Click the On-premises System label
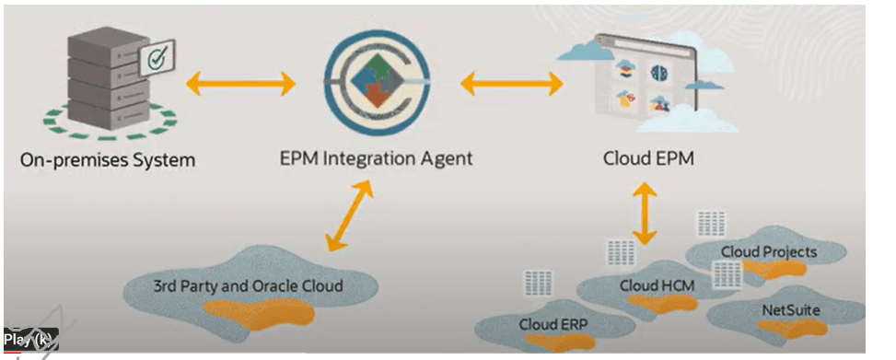[x=108, y=159]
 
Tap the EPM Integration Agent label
[x=377, y=158]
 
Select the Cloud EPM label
[x=648, y=158]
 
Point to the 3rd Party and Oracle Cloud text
[x=249, y=285]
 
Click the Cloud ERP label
[x=553, y=325]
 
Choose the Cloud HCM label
[x=657, y=285]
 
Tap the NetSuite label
[x=791, y=310]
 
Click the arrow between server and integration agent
[x=240, y=85]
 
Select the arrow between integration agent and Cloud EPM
[x=512, y=85]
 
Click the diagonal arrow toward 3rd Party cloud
[x=349, y=216]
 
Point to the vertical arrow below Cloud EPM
[x=645, y=213]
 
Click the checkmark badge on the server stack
[x=157, y=58]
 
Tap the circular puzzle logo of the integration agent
[x=377, y=82]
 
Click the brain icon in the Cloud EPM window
[x=658, y=72]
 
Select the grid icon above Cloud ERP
[x=538, y=283]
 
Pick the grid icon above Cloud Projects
[x=711, y=224]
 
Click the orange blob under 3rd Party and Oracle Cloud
[x=259, y=314]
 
